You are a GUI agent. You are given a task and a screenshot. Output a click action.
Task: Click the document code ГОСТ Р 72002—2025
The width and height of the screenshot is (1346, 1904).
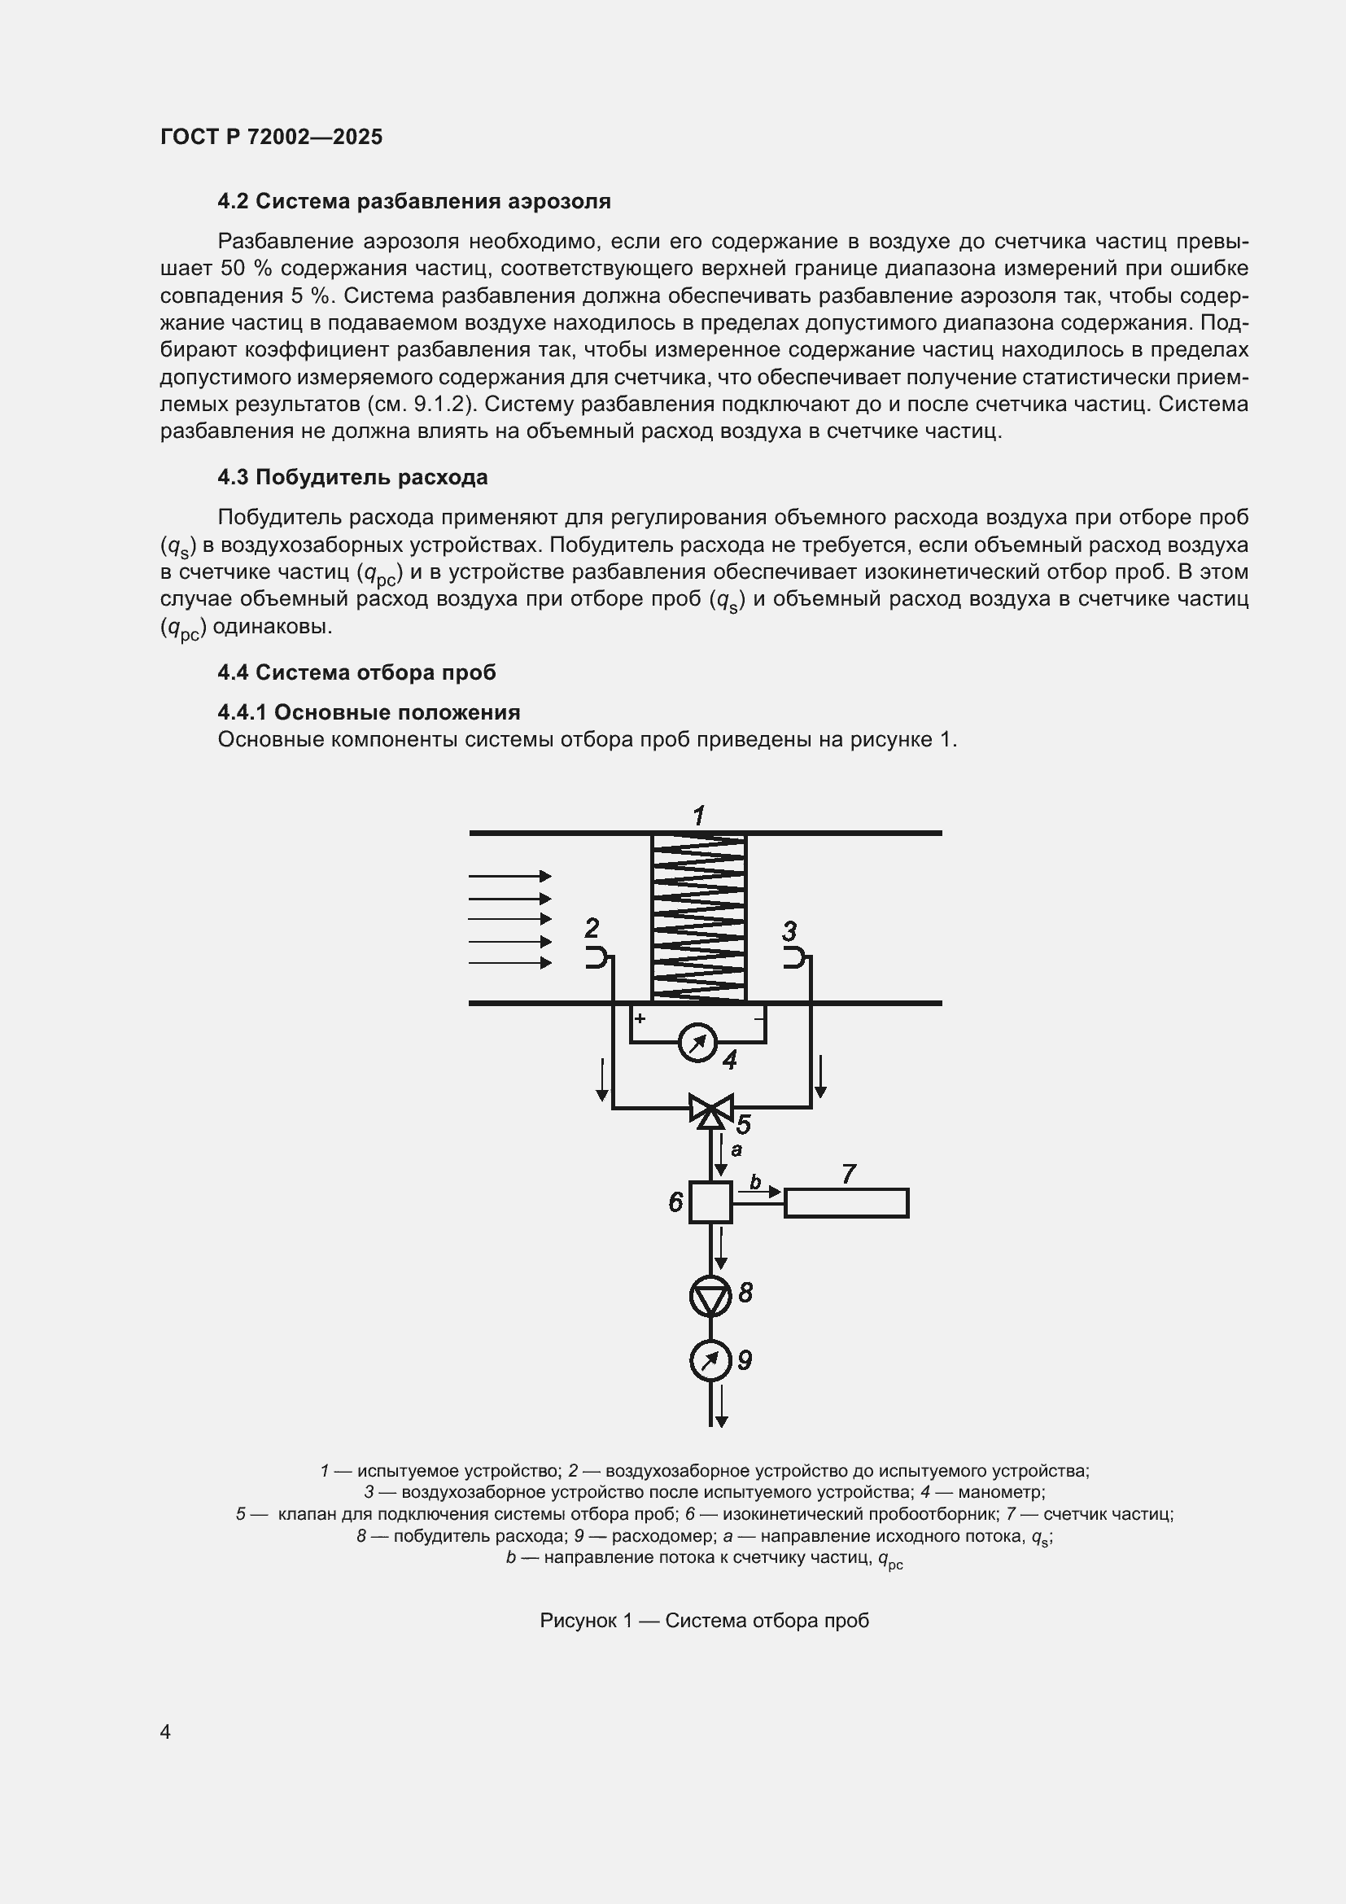point(271,137)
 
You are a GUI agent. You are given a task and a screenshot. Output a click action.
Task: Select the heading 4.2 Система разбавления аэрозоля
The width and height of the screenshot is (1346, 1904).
point(413,201)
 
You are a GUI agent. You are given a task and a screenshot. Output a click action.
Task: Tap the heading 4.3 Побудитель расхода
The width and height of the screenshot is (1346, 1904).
point(352,477)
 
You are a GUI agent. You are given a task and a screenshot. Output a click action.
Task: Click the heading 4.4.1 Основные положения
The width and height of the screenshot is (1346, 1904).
point(369,712)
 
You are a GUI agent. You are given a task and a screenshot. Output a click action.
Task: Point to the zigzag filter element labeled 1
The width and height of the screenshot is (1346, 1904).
point(699,917)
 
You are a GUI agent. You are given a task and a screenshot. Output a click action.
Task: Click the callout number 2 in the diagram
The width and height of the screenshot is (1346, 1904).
point(592,927)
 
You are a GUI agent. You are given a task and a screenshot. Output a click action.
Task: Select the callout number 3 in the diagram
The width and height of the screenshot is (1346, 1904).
point(789,930)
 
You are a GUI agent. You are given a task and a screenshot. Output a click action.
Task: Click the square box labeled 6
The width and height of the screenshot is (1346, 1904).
point(710,1201)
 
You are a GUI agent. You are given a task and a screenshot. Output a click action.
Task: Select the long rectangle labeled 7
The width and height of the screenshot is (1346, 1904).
point(846,1203)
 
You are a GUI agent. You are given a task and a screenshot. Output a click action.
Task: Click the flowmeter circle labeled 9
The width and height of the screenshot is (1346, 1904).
point(710,1360)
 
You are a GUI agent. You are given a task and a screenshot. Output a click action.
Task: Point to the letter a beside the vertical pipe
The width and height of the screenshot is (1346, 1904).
point(736,1150)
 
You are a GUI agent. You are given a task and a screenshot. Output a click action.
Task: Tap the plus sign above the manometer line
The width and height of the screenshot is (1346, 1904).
point(640,1018)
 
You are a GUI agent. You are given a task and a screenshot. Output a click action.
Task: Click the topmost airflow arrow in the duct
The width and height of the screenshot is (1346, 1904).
point(509,876)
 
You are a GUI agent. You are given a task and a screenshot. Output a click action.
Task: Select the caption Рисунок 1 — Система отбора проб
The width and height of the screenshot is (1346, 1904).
point(704,1621)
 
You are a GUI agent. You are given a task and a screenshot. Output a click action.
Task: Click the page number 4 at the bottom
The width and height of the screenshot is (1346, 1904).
point(165,1731)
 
